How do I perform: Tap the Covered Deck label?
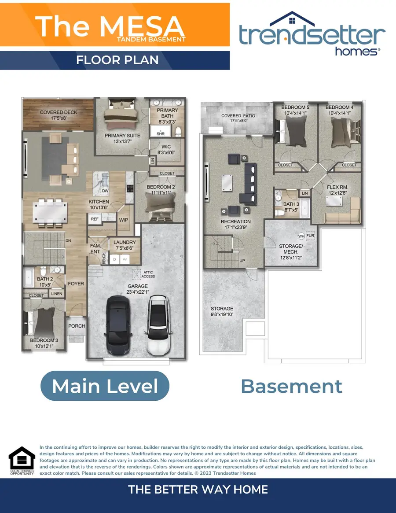click(x=59, y=112)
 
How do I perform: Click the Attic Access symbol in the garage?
click(x=137, y=273)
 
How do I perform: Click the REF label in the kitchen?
click(x=95, y=218)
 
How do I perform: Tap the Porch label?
click(x=77, y=326)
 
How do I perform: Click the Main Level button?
click(x=105, y=386)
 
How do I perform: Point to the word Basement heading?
click(x=291, y=386)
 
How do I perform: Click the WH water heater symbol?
click(x=301, y=236)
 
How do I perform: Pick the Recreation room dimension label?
click(x=236, y=227)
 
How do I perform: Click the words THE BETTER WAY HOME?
click(x=198, y=489)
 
